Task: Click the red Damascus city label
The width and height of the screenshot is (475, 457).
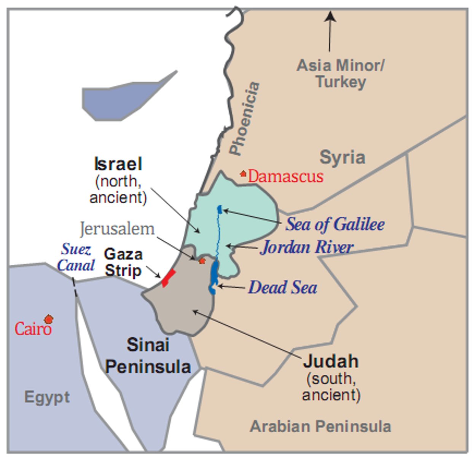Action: point(285,176)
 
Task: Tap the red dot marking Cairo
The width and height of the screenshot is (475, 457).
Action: point(48,319)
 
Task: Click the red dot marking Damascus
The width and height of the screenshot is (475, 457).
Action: point(243,174)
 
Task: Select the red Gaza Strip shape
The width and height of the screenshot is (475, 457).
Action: point(168,278)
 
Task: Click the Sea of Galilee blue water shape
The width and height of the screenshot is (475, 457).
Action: point(220,209)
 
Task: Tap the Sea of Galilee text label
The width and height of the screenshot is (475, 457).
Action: point(335,224)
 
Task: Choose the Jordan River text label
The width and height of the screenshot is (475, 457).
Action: point(307,247)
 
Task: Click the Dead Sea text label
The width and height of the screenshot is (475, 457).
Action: point(282,287)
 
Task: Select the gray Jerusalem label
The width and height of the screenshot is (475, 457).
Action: point(117,229)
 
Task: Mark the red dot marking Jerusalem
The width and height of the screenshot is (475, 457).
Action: point(202,261)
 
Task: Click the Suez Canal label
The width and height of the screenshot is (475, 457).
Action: point(76,257)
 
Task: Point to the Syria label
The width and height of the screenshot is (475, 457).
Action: point(342,157)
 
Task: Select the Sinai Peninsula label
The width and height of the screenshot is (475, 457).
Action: point(148,356)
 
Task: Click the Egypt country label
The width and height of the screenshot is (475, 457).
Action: point(47,397)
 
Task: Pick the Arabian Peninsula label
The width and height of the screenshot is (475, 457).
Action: point(320,426)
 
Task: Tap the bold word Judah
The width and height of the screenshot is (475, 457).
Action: point(330,361)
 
